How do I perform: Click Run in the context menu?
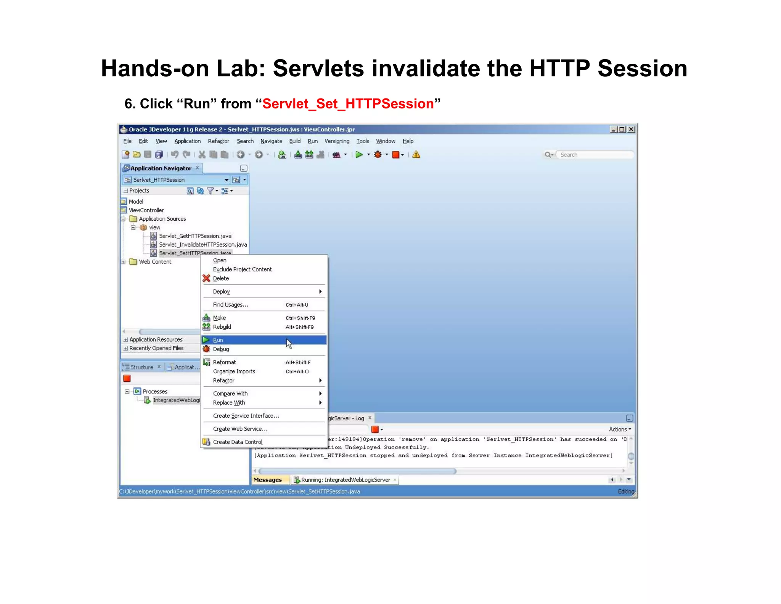tap(218, 340)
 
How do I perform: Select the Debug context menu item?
tap(221, 349)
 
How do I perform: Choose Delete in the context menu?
tap(221, 278)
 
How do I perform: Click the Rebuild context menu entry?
tap(222, 327)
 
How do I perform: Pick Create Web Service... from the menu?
tap(240, 429)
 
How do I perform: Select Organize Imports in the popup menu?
tap(234, 371)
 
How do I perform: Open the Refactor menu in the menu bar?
tap(219, 141)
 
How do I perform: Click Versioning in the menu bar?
tap(337, 141)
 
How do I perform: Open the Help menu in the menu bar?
tap(408, 141)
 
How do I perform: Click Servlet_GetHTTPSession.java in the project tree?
tap(195, 236)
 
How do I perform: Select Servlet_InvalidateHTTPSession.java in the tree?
tap(203, 244)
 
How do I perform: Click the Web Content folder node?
tap(155, 262)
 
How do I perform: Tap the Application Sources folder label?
tap(162, 219)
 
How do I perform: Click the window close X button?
tap(632, 129)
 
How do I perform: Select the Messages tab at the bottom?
tap(268, 480)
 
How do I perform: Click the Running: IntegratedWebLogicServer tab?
tap(345, 480)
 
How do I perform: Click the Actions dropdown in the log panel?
tap(620, 429)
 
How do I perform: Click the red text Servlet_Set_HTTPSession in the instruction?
tap(348, 104)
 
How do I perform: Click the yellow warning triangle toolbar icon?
tap(416, 155)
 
